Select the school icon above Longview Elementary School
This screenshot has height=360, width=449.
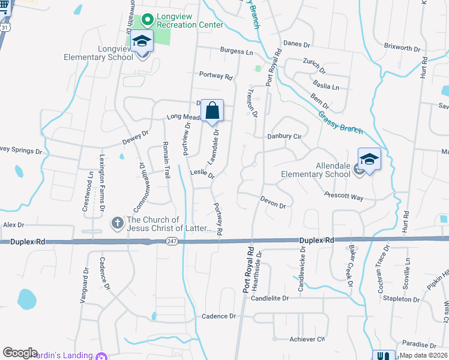[x=142, y=42]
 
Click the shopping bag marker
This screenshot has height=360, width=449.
[x=212, y=111]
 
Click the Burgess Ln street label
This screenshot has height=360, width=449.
[x=236, y=52]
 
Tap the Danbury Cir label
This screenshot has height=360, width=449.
[x=285, y=137]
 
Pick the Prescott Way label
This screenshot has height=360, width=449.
[x=344, y=196]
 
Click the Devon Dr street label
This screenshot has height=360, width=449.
[x=273, y=203]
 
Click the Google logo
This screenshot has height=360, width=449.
[x=20, y=353]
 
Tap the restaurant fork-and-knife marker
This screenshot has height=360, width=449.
[x=384, y=355]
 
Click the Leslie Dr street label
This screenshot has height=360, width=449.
[x=202, y=174]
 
